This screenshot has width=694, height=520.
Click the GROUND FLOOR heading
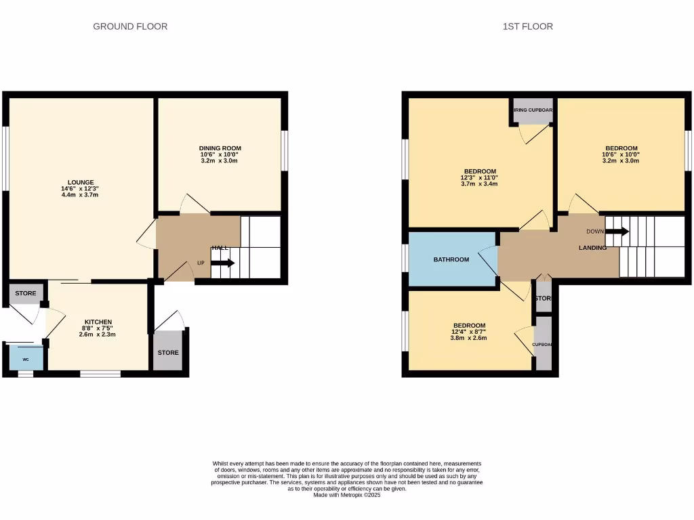coord(130,26)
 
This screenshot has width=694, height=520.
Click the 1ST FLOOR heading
coord(527,26)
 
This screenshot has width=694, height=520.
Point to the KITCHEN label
coord(98,322)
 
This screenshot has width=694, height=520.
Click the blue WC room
coord(26,358)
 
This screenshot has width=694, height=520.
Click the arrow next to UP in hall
coord(226,263)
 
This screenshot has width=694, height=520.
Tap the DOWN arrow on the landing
coord(617,232)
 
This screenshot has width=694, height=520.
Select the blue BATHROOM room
coord(451,259)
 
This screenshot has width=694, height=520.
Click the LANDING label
coord(592,248)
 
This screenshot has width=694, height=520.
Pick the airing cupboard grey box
coord(532,112)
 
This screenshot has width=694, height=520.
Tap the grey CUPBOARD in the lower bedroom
coord(543,343)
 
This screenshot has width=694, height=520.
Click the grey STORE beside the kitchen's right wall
coord(168,351)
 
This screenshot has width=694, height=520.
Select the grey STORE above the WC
coord(26,293)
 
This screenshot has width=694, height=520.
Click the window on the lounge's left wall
coord(5,158)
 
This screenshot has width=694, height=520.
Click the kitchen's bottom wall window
coord(100,373)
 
